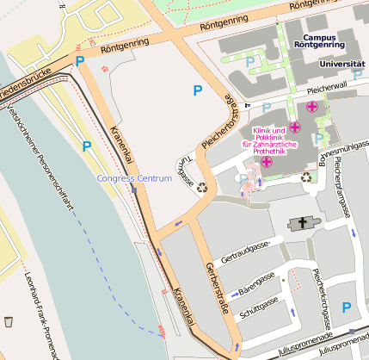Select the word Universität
coord(341,64)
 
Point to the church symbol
coord(301,224)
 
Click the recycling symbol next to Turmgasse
coord(202,186)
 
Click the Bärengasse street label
coord(255,279)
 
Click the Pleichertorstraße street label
coord(218,121)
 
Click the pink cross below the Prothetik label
coord(267,161)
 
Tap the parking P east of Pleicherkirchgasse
coord(347,307)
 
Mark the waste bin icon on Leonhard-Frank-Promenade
coord(9,321)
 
